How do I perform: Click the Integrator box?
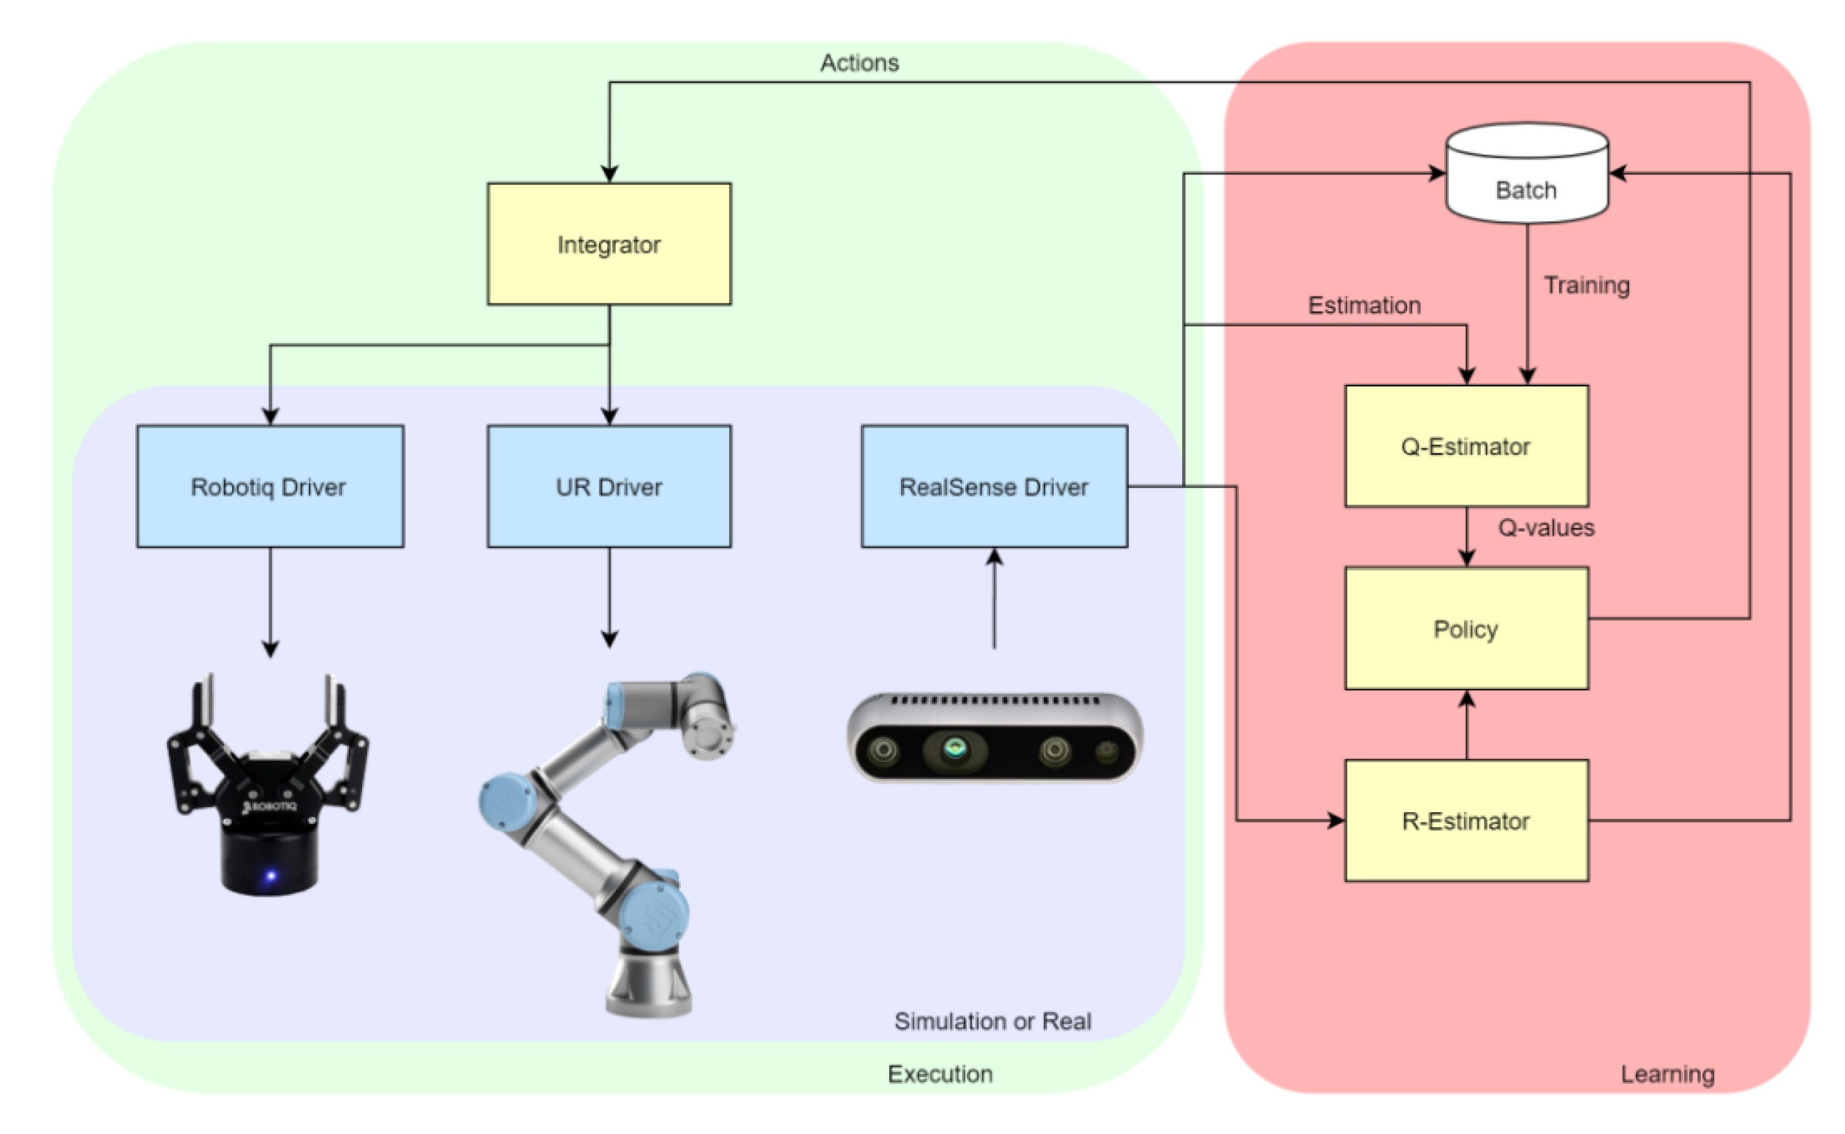[x=609, y=244]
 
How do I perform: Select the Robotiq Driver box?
[x=270, y=486]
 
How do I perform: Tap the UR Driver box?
[x=609, y=486]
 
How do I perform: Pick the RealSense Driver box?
[x=994, y=486]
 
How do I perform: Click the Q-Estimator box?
[x=1466, y=447]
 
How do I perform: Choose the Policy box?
[x=1466, y=628]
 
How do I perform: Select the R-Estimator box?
[x=1466, y=820]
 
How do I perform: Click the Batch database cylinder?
[x=1527, y=173]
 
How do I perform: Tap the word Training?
[x=1586, y=286]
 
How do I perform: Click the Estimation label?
[x=1364, y=305]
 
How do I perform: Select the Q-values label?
[x=1546, y=528]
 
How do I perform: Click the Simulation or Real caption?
[x=992, y=1022]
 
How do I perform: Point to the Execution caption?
[x=940, y=1074]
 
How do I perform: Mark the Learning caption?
[x=1667, y=1074]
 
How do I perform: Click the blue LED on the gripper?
[x=271, y=875]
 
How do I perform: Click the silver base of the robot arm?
[x=649, y=982]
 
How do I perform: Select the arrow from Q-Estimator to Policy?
[x=1467, y=537]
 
